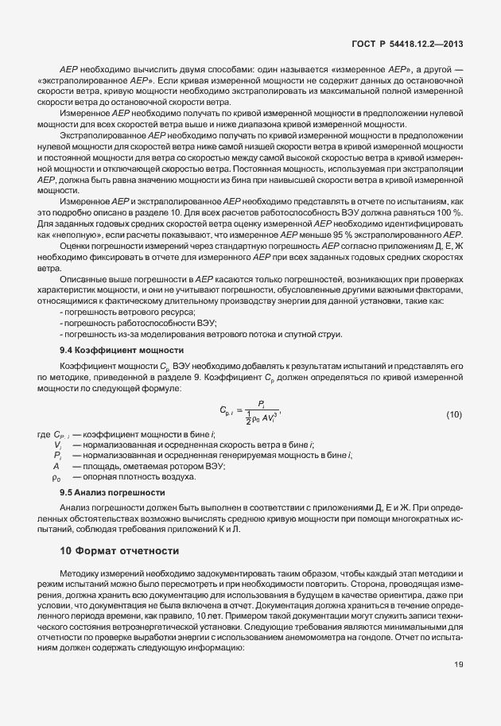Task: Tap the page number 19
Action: coord(459,664)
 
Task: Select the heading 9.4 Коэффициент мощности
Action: coord(122,350)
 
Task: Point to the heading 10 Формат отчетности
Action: coord(119,551)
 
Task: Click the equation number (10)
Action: coord(453,414)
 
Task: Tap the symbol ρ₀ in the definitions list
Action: coord(56,477)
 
